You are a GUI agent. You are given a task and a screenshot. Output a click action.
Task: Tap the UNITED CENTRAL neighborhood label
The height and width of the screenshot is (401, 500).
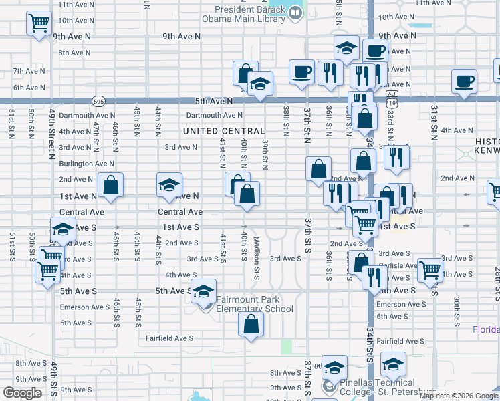224,131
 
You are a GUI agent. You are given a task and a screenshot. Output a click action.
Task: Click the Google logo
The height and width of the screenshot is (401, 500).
23,393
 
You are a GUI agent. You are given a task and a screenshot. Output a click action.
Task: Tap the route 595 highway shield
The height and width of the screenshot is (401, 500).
98,100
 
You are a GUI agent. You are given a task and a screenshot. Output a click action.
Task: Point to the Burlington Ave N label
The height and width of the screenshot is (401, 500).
86,163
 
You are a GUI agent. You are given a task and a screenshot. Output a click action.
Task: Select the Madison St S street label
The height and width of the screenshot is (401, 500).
256,262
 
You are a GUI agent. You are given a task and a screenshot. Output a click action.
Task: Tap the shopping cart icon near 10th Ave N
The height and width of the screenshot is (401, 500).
39,23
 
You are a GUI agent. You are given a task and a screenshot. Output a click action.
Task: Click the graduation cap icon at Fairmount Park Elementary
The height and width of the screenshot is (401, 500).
203,291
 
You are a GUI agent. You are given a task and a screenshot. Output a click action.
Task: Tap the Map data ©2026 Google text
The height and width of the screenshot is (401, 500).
459,396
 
